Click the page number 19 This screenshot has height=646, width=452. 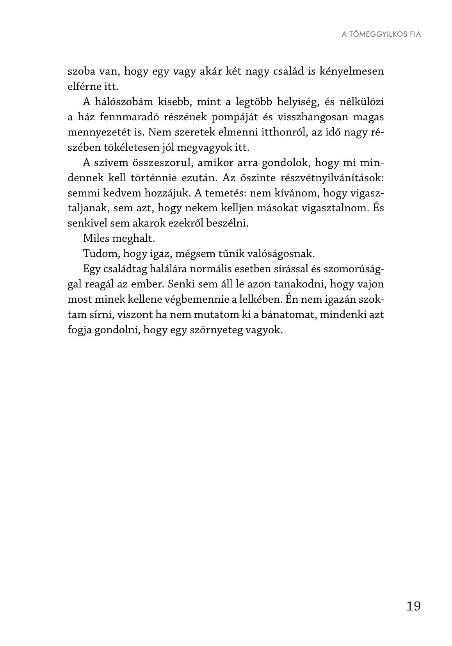pyautogui.click(x=413, y=606)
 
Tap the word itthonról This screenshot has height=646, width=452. pyautogui.click(x=281, y=132)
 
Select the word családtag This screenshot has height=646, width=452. pyautogui.click(x=125, y=269)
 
